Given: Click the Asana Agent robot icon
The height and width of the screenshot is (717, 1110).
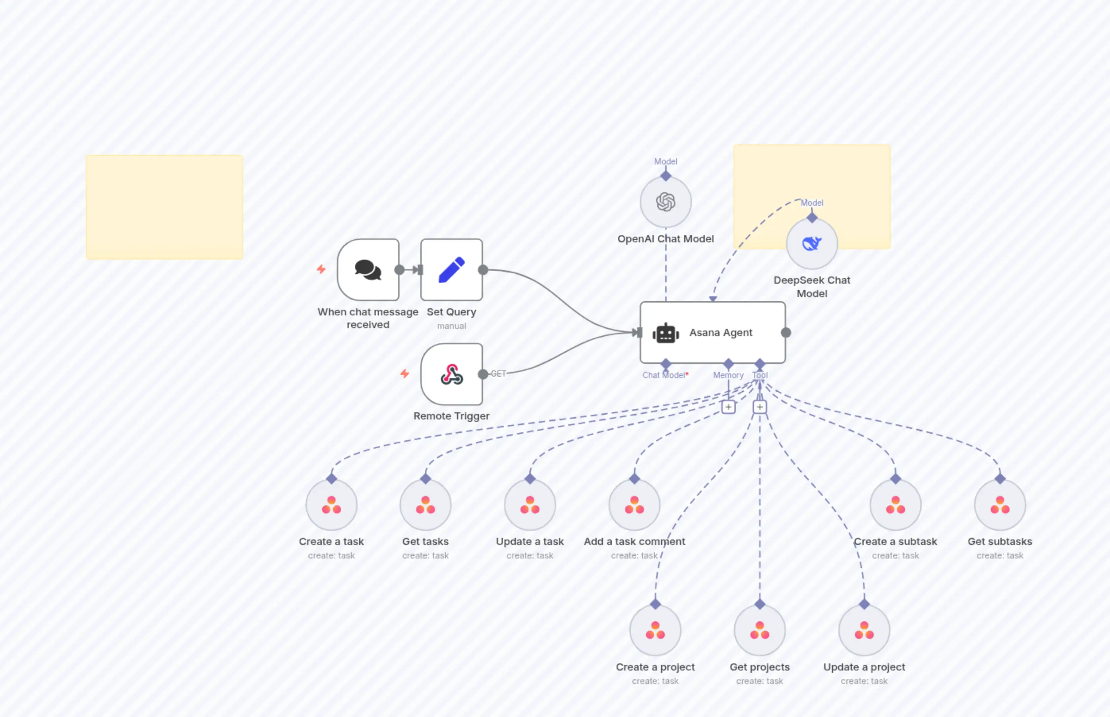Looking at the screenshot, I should coord(666,333).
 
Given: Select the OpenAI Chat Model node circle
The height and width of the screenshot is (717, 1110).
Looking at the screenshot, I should coord(665,202).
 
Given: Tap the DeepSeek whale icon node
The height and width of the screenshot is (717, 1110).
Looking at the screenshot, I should coord(812,244).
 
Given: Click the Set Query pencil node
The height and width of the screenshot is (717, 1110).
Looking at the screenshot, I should coord(451,270).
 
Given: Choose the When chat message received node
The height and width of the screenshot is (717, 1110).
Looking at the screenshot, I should coord(368,270).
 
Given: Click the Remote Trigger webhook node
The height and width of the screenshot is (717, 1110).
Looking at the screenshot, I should coord(451,374).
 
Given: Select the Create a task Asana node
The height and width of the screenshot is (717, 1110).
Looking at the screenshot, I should coord(331,505).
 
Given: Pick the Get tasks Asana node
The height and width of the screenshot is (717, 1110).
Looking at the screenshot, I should coord(425,505).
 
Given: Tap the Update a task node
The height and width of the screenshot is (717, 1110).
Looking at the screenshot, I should coord(530,505).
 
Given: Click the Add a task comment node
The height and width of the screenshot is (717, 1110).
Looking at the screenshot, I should coord(634,505).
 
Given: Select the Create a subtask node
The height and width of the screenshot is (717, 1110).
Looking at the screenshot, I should coord(895,505).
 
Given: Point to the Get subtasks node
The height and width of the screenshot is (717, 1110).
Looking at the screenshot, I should coord(1000,505).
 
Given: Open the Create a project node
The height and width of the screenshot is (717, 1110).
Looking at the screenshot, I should coord(655,630).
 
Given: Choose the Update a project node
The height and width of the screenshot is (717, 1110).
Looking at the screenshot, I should coord(864,630).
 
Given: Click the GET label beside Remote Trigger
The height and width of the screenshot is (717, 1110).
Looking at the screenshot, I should coord(498,374).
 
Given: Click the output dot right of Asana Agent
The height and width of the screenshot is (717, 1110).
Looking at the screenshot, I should coord(786,333).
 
